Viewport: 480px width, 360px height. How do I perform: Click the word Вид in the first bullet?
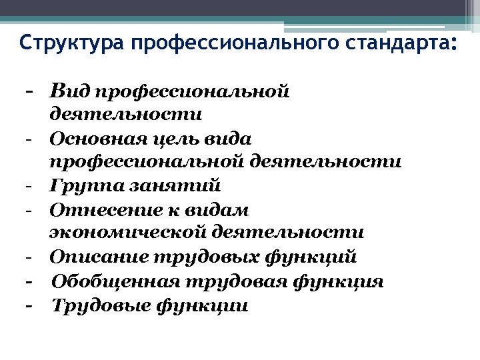tap(69, 90)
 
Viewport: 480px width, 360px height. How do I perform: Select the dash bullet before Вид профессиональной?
tap(29, 90)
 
